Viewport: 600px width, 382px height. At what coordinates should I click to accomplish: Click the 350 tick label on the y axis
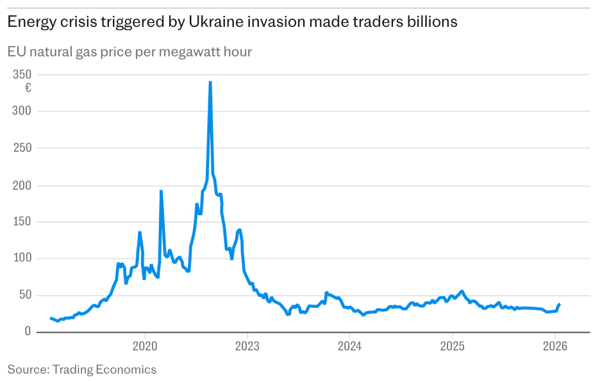(x=22, y=74)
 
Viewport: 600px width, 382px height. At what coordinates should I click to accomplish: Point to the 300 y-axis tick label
(x=22, y=112)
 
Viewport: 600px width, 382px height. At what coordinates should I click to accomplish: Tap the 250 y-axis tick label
(x=22, y=148)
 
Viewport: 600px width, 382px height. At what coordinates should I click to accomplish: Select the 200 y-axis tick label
(x=22, y=185)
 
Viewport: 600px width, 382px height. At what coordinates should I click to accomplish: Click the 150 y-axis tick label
(x=22, y=222)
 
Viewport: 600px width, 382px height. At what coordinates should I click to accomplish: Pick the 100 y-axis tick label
(x=22, y=258)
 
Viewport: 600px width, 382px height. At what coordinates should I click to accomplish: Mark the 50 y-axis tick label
(x=25, y=295)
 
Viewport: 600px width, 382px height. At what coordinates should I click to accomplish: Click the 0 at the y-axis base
(x=28, y=332)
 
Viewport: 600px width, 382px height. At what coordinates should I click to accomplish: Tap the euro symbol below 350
(x=28, y=88)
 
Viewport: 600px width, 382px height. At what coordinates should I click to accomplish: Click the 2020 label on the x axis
(x=144, y=346)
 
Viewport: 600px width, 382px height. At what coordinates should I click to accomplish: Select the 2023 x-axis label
(x=247, y=346)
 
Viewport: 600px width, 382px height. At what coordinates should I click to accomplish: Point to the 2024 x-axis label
(x=349, y=346)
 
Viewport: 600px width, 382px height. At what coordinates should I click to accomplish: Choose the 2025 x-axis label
(x=452, y=346)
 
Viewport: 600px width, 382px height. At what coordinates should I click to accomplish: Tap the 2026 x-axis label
(x=554, y=346)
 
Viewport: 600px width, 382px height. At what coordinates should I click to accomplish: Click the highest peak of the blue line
(x=210, y=83)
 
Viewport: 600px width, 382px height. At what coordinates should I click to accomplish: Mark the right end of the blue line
(x=559, y=304)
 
